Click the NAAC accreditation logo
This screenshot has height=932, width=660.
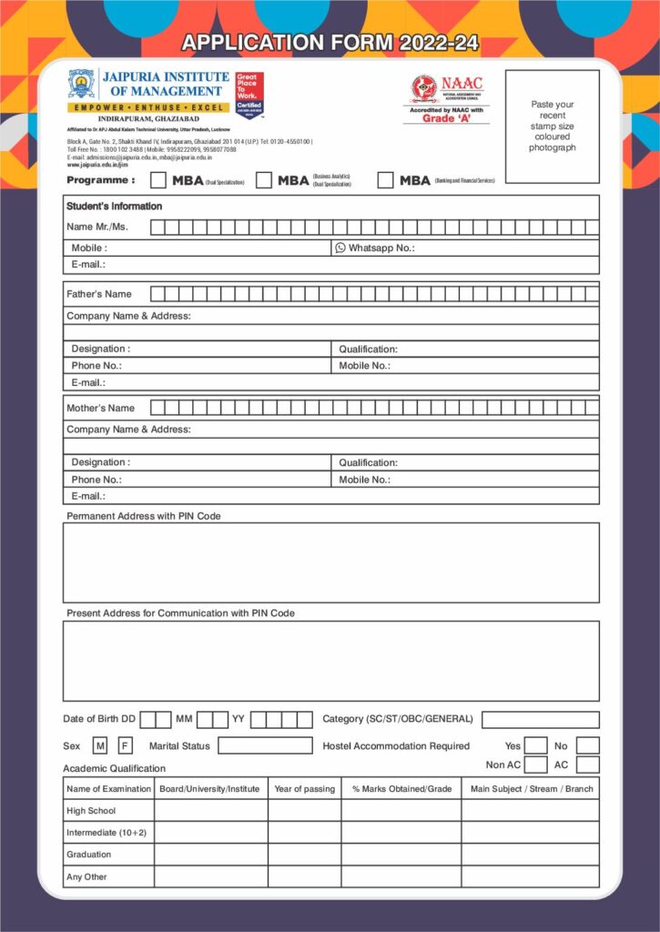point(425,88)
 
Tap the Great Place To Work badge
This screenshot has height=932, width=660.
point(249,96)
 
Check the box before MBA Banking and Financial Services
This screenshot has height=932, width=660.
point(385,180)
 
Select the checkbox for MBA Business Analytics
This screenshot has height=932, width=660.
point(264,180)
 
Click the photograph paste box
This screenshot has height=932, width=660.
point(553,127)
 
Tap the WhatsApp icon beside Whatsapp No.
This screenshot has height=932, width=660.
point(340,248)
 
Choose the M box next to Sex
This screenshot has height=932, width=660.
point(100,746)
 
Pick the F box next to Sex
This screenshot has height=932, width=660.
point(125,746)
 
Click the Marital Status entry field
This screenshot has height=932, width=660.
point(265,746)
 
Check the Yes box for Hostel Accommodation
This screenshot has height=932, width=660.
point(536,746)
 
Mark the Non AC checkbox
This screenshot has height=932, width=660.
point(536,765)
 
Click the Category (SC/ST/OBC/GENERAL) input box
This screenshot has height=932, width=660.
point(540,720)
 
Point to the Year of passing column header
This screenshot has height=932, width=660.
point(304,789)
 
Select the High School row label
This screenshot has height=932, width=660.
point(91,811)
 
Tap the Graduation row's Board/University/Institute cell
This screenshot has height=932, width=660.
point(211,855)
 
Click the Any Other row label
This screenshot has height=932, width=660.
point(86,877)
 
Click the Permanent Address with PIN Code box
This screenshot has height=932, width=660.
point(330,562)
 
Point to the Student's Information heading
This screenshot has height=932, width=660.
point(114,207)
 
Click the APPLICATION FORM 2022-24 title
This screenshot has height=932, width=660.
point(330,43)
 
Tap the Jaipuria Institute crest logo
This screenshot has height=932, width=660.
point(82,84)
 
